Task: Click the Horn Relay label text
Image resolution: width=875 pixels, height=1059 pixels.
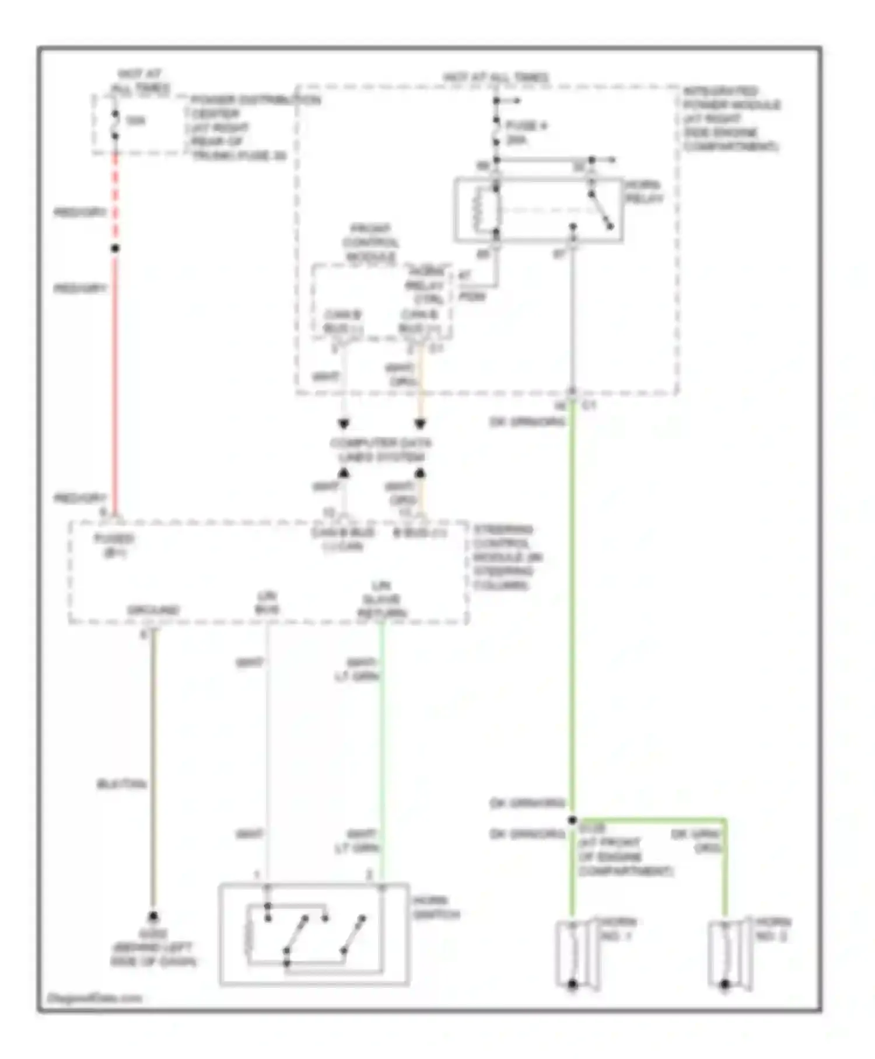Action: click(x=644, y=192)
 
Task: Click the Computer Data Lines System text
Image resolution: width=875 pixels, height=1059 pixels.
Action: click(x=380, y=450)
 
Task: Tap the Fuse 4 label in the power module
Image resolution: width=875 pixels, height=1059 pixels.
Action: click(x=525, y=133)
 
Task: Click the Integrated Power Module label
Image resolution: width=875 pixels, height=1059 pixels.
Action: click(x=731, y=119)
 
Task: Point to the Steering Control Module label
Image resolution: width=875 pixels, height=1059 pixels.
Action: click(x=506, y=557)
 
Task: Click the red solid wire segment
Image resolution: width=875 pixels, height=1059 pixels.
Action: click(x=115, y=379)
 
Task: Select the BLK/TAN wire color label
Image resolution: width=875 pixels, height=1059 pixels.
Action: click(x=121, y=784)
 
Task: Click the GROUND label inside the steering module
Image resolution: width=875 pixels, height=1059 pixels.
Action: click(x=153, y=610)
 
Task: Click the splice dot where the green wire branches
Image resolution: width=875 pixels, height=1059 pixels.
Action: click(x=572, y=820)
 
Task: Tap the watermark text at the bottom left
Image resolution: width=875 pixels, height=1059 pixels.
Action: click(x=94, y=998)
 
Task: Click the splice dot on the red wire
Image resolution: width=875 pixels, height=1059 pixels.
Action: click(x=115, y=249)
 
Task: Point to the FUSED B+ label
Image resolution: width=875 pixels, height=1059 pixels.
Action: click(x=114, y=545)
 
